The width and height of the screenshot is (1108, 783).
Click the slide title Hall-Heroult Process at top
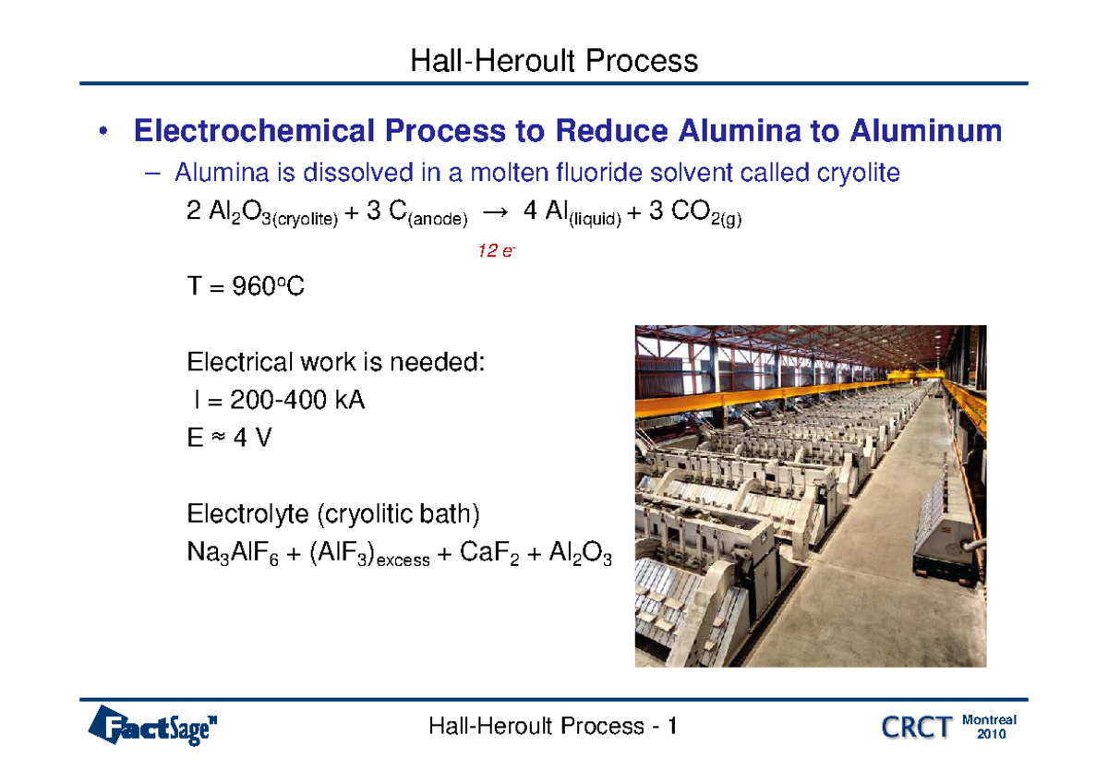(x=554, y=61)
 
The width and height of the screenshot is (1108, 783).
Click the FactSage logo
(x=157, y=726)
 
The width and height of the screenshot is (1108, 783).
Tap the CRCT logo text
(x=916, y=728)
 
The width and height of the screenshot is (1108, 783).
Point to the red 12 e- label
(x=496, y=251)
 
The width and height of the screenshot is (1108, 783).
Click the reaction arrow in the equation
(x=495, y=213)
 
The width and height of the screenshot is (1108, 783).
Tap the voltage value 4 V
(x=252, y=439)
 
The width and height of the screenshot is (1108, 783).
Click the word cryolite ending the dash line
(x=854, y=173)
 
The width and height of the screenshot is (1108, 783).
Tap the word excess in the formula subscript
(x=403, y=560)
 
